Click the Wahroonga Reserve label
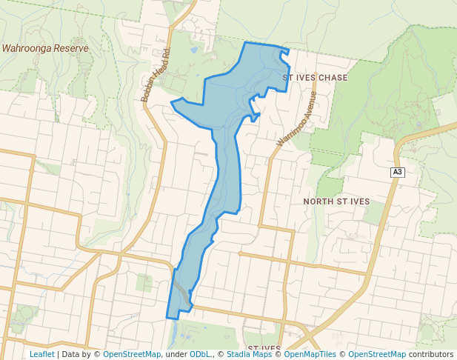click(x=45, y=48)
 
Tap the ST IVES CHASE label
click(x=315, y=77)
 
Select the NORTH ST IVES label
click(x=336, y=201)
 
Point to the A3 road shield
click(x=398, y=173)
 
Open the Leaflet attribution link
click(x=41, y=354)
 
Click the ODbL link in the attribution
click(x=200, y=354)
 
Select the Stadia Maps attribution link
click(x=248, y=354)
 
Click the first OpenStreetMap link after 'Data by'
click(x=132, y=354)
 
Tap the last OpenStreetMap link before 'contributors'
click(x=377, y=354)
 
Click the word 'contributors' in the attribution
click(x=431, y=354)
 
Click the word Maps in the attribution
click(x=259, y=354)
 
